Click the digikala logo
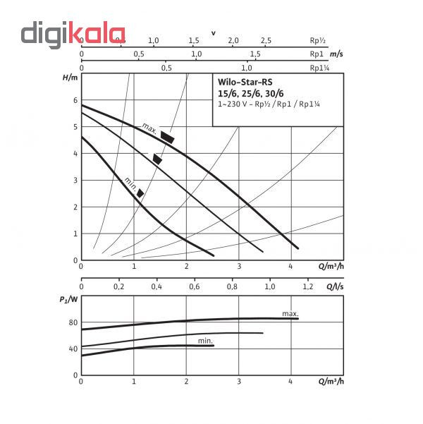tap(73, 35)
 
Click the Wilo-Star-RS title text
tap(245, 82)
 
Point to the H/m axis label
tap(70, 78)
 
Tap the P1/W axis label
tap(68, 300)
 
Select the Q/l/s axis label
tap(335, 286)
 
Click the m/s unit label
tap(336, 54)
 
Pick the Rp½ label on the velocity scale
tap(317, 40)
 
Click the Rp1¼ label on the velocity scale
tap(319, 68)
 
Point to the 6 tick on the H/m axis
tap(75, 100)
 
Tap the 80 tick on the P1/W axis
tap(73, 322)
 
